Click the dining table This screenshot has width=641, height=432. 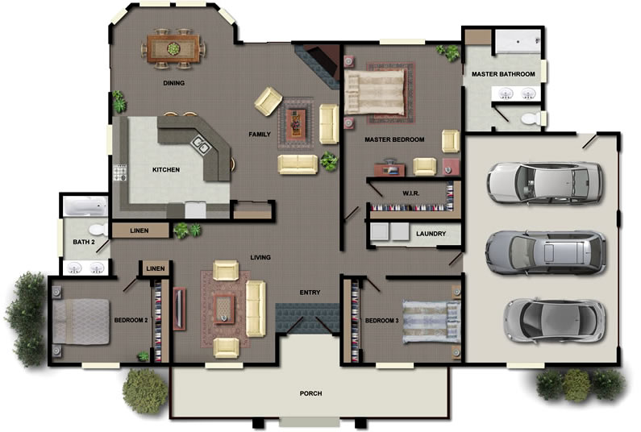pyautogui.click(x=173, y=48)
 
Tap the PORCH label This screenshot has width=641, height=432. pyautogui.click(x=310, y=393)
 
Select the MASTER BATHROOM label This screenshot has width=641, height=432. pyautogui.click(x=503, y=74)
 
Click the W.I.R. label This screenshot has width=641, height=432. pyautogui.click(x=411, y=193)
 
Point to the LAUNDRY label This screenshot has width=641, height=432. pyautogui.click(x=431, y=234)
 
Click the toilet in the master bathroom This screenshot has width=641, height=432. pyautogui.click(x=531, y=118)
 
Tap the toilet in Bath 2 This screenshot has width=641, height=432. pyautogui.click(x=98, y=230)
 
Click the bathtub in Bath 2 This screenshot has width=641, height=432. pyautogui.click(x=85, y=206)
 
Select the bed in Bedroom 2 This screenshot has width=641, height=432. pyautogui.click(x=81, y=322)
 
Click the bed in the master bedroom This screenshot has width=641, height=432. pyautogui.click(x=375, y=92)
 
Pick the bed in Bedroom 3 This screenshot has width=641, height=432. pyautogui.click(x=431, y=322)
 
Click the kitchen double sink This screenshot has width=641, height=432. pyautogui.click(x=201, y=143)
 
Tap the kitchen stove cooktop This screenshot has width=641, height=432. pyautogui.click(x=120, y=172)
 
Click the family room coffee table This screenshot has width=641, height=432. pyautogui.click(x=295, y=124)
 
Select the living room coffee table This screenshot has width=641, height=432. pyautogui.click(x=224, y=309)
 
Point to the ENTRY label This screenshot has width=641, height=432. pyautogui.click(x=310, y=293)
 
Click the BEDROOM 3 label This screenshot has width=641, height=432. pyautogui.click(x=382, y=321)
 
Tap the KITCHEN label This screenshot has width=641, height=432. pyautogui.click(x=166, y=169)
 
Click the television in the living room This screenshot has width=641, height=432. pyautogui.click(x=179, y=309)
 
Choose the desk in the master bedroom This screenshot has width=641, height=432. pyautogui.click(x=390, y=168)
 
